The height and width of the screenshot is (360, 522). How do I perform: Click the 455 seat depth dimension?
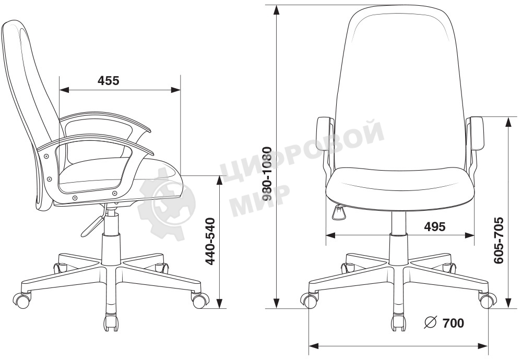pos(108,80)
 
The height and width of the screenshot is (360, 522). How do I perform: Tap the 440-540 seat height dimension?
pos(210,241)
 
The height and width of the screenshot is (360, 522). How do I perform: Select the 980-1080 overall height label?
pos(267,174)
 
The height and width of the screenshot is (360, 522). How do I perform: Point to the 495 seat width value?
pos(435,226)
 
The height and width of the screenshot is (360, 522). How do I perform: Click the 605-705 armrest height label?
pos(499,241)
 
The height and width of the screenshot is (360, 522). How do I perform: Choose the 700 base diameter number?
pos(453,323)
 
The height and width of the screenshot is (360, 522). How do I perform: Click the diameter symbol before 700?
pos(431,322)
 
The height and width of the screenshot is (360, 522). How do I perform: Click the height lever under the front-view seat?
pos(339,212)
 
